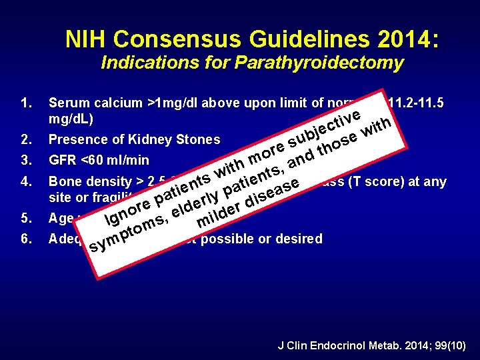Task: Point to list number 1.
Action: click(x=26, y=103)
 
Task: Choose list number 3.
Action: click(x=26, y=160)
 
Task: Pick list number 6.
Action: click(x=26, y=239)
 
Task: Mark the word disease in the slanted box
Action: click(x=273, y=191)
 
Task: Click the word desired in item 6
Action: click(x=298, y=239)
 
